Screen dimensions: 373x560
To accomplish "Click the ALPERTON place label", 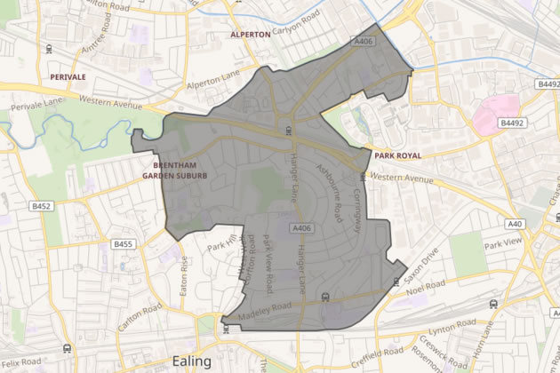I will [x=250, y=35].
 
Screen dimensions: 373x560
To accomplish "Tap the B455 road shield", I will [x=123, y=243].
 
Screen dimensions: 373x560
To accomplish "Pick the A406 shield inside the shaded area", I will [x=302, y=228].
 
